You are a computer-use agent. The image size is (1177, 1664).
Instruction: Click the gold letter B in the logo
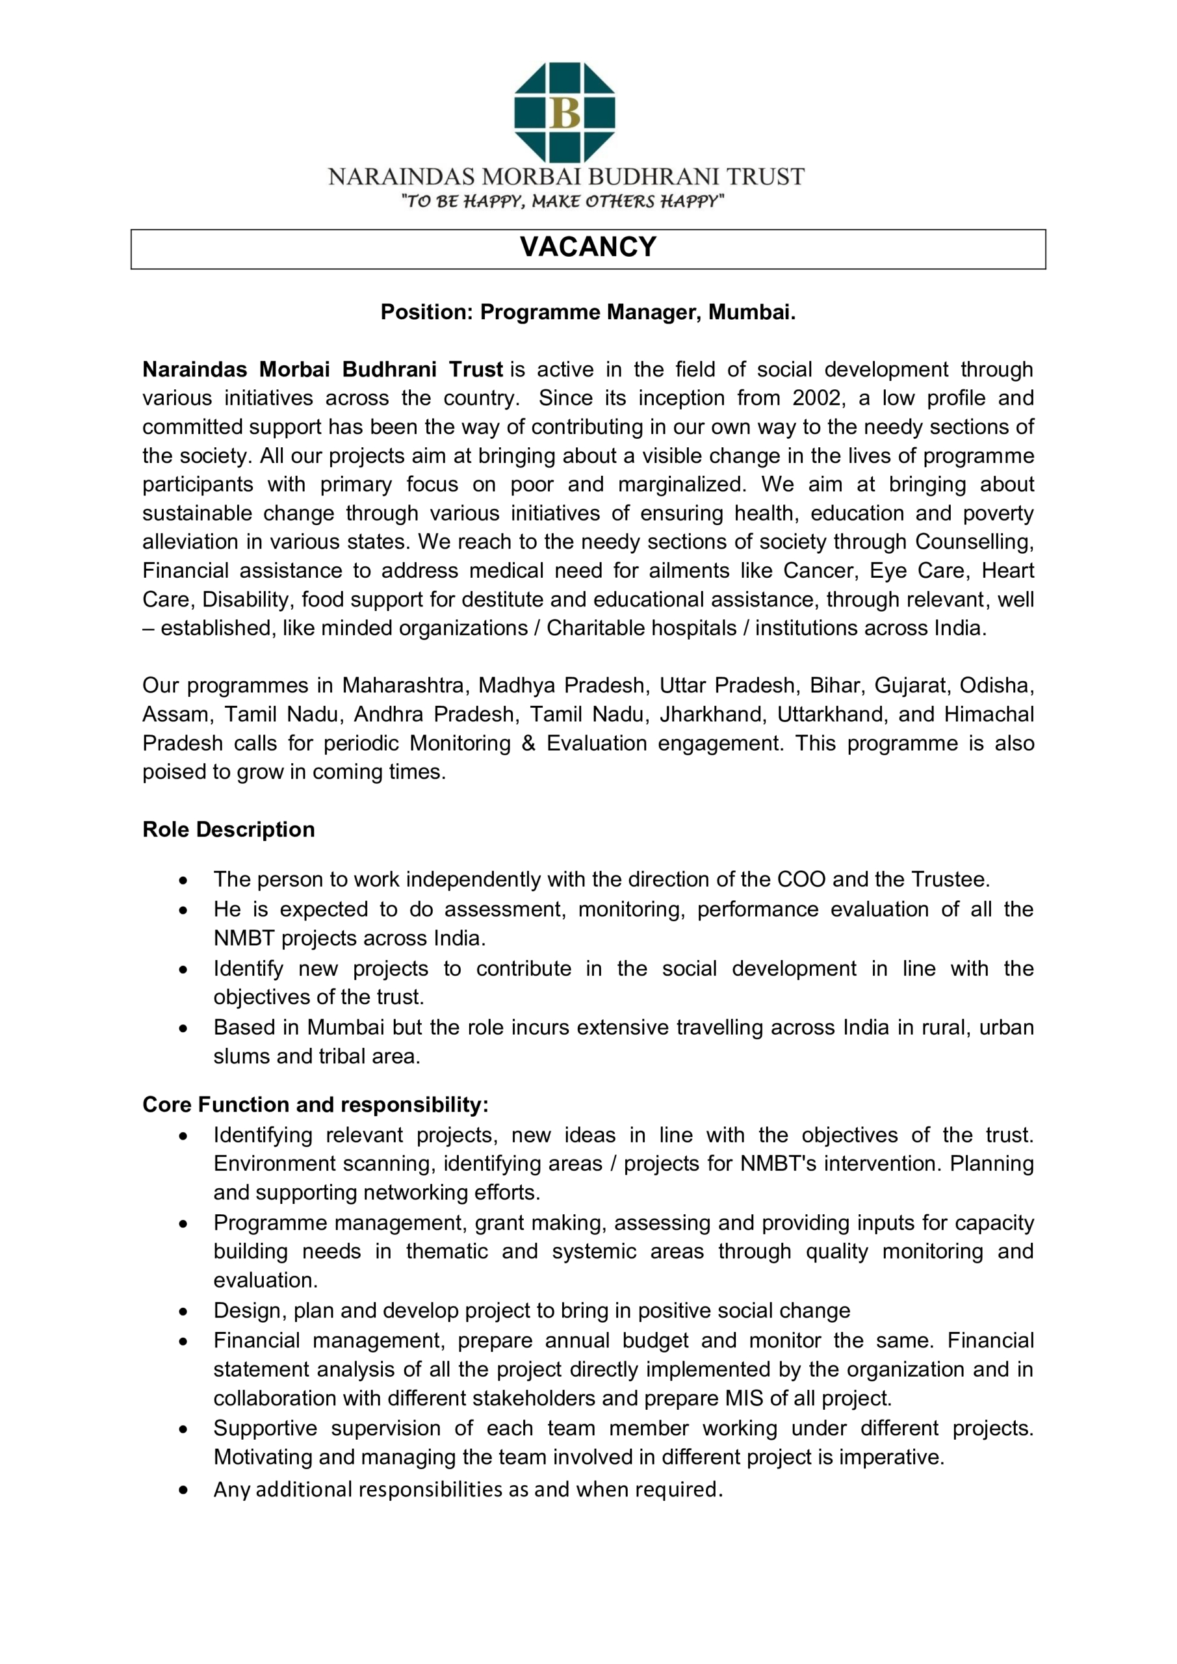(565, 113)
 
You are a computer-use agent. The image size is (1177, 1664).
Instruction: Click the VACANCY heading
(588, 247)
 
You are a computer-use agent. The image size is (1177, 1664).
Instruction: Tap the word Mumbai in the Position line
(751, 313)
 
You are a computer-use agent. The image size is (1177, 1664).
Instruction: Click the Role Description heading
(228, 829)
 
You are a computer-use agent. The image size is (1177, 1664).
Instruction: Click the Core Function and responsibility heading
(315, 1104)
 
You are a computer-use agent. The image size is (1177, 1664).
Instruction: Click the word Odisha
(996, 685)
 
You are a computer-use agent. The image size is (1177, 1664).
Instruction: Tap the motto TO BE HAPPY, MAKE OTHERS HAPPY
(563, 201)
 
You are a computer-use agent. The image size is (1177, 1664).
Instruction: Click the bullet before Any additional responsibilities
(183, 1491)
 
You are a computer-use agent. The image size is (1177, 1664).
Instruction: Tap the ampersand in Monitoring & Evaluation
(528, 743)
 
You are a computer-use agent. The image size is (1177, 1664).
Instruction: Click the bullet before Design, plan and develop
(183, 1311)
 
